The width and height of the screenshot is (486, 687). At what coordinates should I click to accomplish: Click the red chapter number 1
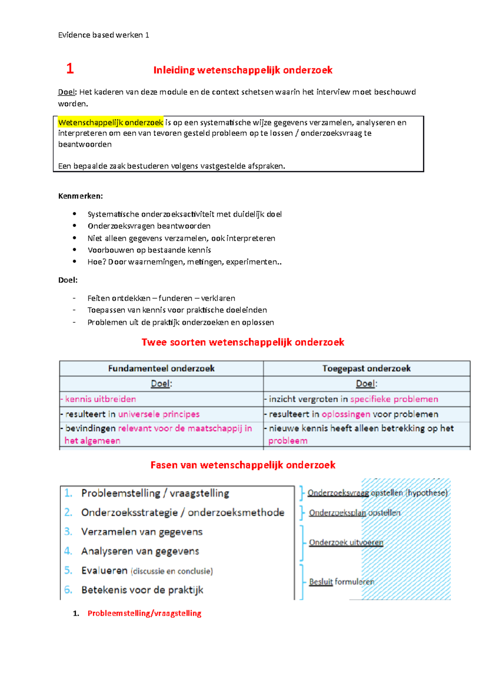pyautogui.click(x=70, y=68)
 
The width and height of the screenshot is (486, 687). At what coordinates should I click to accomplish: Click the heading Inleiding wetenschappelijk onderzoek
pyautogui.click(x=243, y=70)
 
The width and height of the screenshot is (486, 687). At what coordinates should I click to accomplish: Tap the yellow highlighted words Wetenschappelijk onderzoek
pyautogui.click(x=111, y=122)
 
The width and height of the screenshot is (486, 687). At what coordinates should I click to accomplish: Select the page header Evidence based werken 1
pyautogui.click(x=104, y=35)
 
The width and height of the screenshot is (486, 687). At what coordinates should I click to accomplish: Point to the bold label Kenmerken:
pyautogui.click(x=81, y=196)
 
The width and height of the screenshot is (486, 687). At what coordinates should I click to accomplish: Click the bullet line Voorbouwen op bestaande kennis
pyautogui.click(x=149, y=250)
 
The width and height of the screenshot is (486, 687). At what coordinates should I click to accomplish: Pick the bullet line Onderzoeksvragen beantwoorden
pyautogui.click(x=149, y=226)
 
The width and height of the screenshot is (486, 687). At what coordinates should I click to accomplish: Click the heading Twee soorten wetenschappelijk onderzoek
pyautogui.click(x=243, y=342)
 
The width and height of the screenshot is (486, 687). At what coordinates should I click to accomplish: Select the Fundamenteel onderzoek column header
pyautogui.click(x=161, y=368)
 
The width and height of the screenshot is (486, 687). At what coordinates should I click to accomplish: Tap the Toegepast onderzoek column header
pyautogui.click(x=366, y=368)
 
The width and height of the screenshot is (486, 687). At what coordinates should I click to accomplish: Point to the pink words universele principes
pyautogui.click(x=159, y=414)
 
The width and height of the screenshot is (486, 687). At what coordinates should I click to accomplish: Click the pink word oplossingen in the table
pyautogui.click(x=346, y=414)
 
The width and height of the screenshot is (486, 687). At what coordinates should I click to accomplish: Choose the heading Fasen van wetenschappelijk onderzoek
pyautogui.click(x=243, y=465)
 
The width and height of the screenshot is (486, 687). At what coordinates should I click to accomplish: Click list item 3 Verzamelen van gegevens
pyautogui.click(x=142, y=532)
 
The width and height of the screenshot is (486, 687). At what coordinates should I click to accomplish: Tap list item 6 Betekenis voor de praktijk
pyautogui.click(x=142, y=590)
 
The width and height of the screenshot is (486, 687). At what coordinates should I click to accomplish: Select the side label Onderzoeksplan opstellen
pyautogui.click(x=354, y=513)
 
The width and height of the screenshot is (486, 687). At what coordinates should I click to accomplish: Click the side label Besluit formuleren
pyautogui.click(x=341, y=582)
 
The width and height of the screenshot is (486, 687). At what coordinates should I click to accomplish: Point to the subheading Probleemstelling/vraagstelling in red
pyautogui.click(x=144, y=613)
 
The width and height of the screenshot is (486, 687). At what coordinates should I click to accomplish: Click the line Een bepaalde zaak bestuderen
pyautogui.click(x=171, y=166)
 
